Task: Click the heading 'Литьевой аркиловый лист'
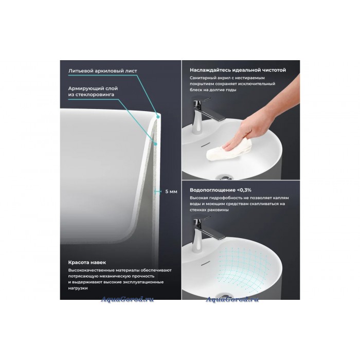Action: click(x=103, y=71)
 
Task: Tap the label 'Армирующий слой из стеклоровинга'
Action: click(x=93, y=92)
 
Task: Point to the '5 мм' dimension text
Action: click(x=171, y=191)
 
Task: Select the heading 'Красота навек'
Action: click(x=87, y=262)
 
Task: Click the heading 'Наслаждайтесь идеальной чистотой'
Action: click(x=238, y=70)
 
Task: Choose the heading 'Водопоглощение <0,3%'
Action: click(x=221, y=190)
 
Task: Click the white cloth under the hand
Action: click(x=229, y=150)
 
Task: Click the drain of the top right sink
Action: click(x=224, y=177)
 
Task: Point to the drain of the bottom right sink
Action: click(x=224, y=296)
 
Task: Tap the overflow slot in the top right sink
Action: click(x=205, y=145)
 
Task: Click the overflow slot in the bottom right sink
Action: click(x=206, y=263)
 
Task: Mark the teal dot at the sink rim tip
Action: click(x=158, y=117)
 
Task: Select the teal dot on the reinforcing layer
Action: click(x=155, y=144)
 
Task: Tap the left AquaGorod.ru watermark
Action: click(x=127, y=299)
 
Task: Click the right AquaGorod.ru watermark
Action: click(x=232, y=299)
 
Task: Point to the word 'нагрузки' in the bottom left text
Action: click(x=78, y=289)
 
